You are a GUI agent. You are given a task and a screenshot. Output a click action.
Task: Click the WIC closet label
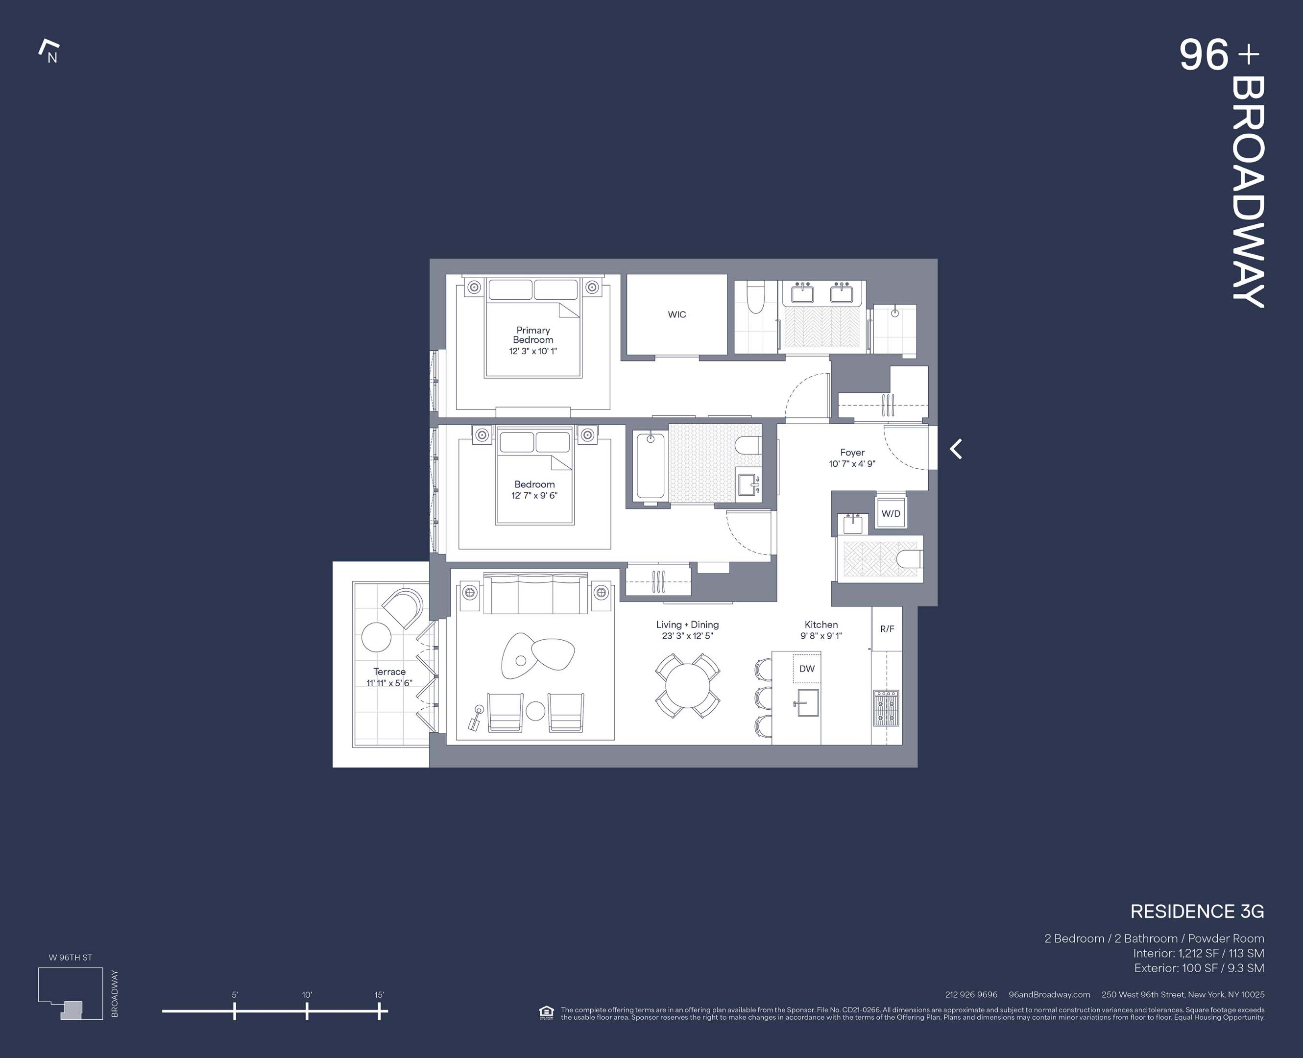pos(676,314)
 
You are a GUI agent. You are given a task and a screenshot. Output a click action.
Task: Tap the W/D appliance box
pos(891,514)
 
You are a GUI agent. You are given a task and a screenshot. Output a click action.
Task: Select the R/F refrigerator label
pos(887,629)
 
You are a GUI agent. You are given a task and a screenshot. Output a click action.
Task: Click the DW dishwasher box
pos(806,669)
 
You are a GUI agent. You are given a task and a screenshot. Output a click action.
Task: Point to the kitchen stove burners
pos(886,708)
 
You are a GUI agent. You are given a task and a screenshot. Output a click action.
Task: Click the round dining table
pos(687,686)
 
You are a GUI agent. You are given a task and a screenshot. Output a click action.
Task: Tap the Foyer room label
pos(852,453)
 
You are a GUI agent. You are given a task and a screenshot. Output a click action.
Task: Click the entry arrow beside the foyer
pos(956,449)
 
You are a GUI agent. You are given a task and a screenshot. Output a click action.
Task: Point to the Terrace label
pos(389,672)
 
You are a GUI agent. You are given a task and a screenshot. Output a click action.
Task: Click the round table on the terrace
pos(376,637)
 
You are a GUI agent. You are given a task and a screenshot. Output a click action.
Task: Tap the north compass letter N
pos(52,58)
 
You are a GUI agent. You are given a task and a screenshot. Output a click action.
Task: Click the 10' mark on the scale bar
pos(307,1011)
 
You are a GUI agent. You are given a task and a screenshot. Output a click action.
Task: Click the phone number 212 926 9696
pos(971,995)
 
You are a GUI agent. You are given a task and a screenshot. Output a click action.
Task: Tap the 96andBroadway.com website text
pos(1049,995)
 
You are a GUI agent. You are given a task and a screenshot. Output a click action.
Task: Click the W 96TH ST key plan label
pos(70,958)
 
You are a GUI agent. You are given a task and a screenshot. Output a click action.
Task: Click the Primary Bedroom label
pos(533,335)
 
